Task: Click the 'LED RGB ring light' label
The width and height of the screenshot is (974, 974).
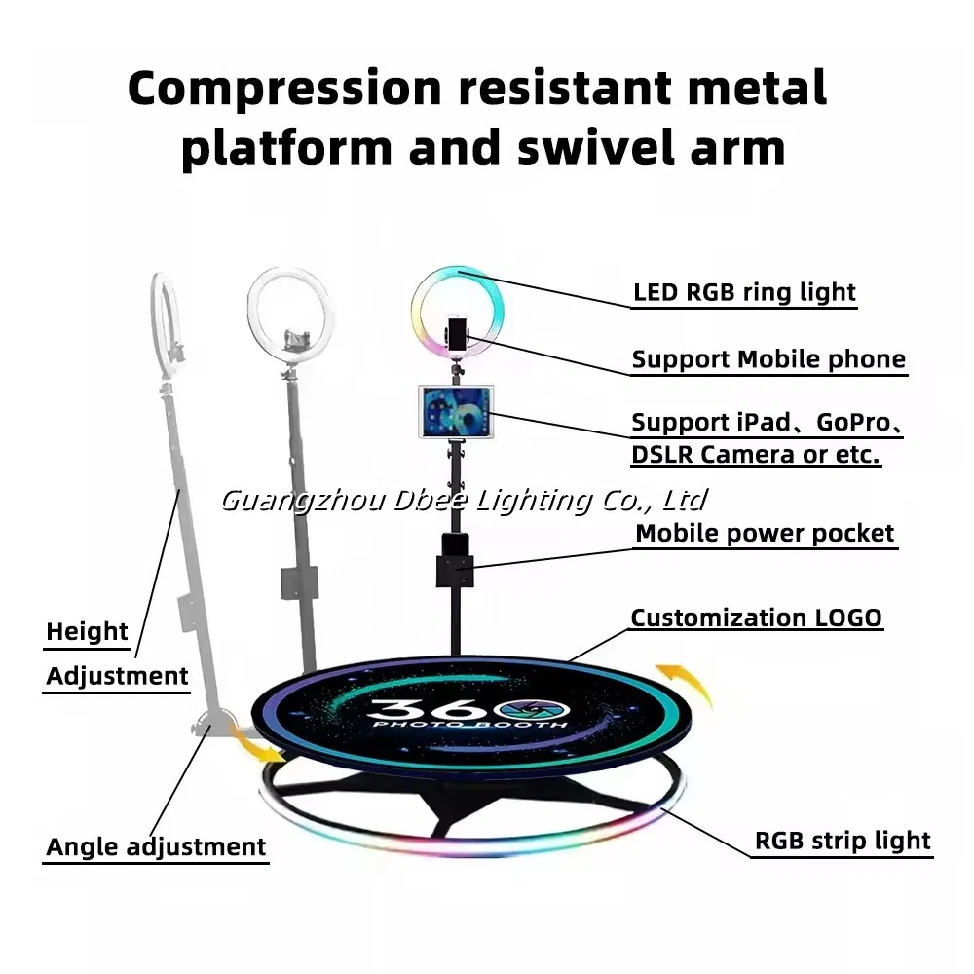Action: click(744, 292)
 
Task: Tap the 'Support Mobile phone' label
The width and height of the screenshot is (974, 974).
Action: click(768, 359)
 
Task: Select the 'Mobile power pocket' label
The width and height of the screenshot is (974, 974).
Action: click(765, 533)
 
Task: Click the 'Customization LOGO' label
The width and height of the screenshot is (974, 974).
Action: click(756, 618)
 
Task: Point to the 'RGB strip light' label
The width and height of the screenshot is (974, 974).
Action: click(843, 841)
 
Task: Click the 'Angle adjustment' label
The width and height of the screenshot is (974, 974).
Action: click(156, 847)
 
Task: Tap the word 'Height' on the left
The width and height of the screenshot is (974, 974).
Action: click(87, 632)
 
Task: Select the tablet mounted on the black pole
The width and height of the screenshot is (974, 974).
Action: click(456, 412)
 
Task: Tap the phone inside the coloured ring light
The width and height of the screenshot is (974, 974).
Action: click(456, 331)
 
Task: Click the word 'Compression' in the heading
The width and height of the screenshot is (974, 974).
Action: click(283, 89)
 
